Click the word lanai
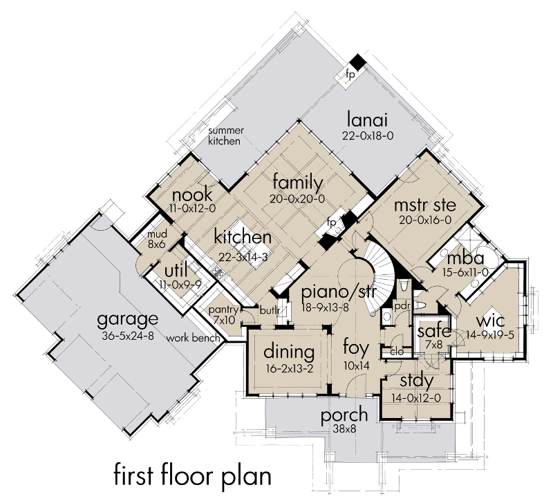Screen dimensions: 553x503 tap(368, 120)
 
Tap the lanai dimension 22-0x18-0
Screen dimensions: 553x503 tap(368, 135)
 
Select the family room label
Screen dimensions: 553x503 tap(298, 183)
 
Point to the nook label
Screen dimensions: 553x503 tap(192, 195)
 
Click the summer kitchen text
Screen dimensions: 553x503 tap(226, 136)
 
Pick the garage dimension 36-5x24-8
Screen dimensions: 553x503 tap(128, 336)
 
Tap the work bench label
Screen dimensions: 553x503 tap(193, 339)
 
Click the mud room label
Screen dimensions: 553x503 tap(157, 234)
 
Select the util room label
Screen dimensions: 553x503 tap(176, 271)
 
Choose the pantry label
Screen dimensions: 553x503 tap(223, 310)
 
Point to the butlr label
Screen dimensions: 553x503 tap(270, 310)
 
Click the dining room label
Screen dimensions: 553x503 tap(289, 352)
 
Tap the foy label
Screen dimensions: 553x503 tap(356, 348)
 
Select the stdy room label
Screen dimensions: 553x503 tap(417, 381)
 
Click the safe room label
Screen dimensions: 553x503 tap(434, 331)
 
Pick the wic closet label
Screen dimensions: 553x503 tap(490, 321)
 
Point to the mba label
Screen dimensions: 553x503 tap(465, 258)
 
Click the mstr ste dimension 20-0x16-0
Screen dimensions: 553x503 tap(425, 220)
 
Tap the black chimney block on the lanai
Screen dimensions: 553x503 tap(359, 61)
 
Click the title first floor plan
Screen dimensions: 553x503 tap(193, 475)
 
